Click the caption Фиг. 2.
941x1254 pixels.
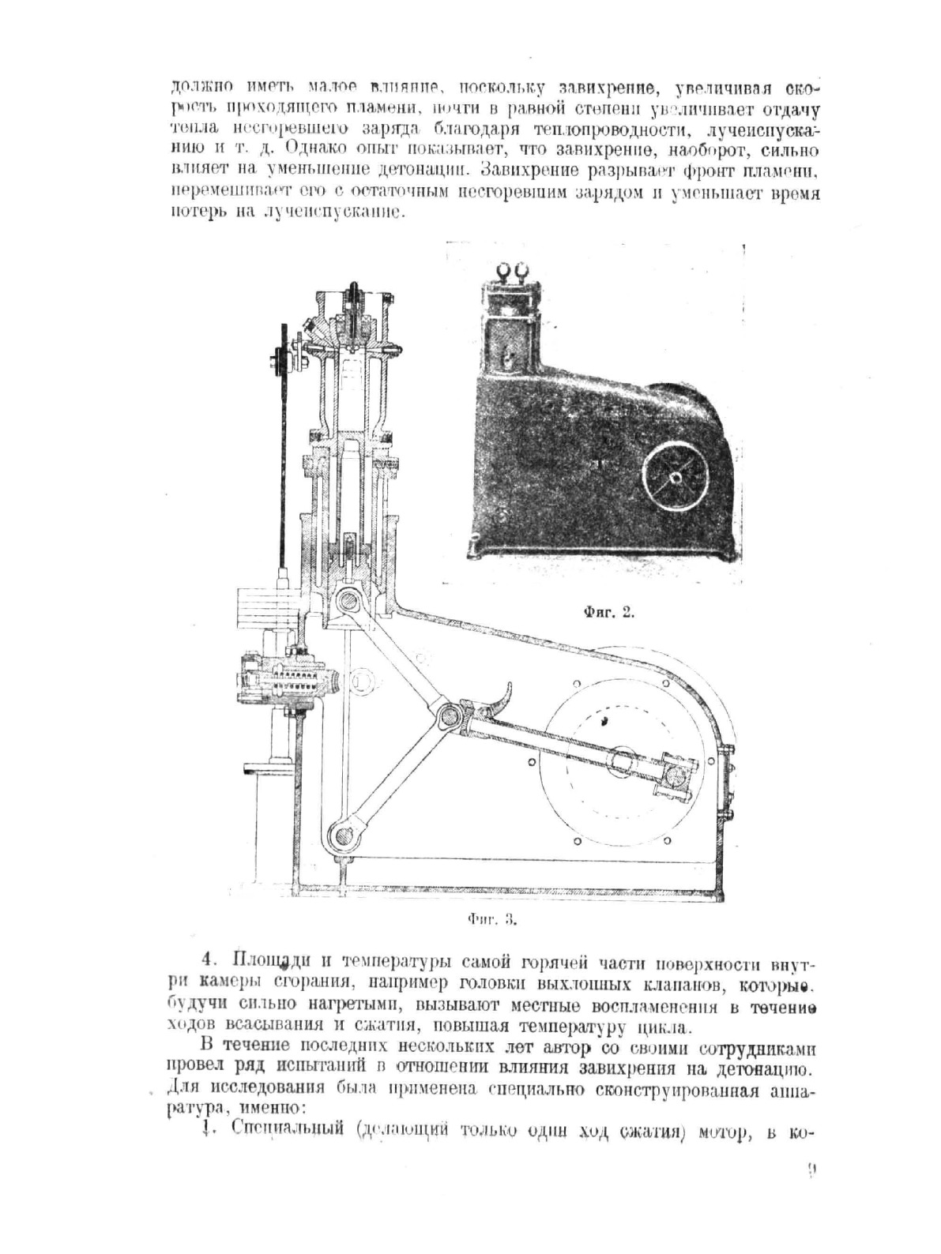coord(609,612)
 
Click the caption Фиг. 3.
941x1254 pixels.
coord(491,919)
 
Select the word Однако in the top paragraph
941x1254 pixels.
coord(313,147)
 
